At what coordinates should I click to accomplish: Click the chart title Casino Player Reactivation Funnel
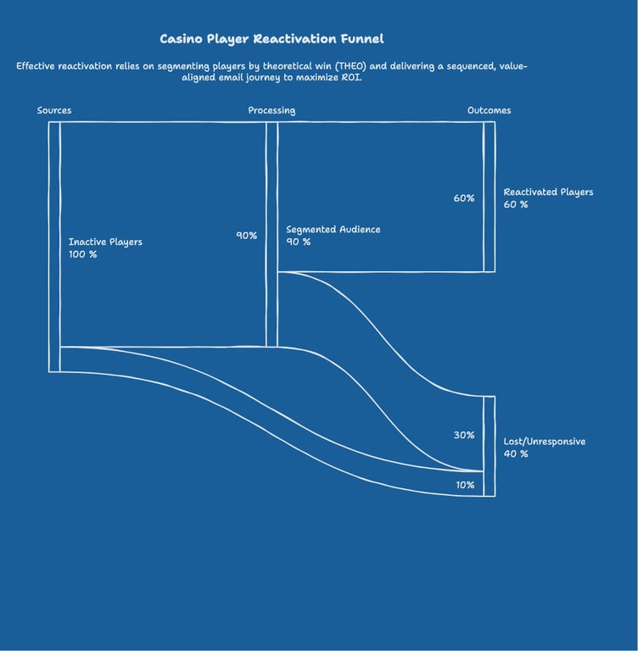pos(271,39)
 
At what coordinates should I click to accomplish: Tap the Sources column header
pos(54,110)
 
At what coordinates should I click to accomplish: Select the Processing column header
pos(271,110)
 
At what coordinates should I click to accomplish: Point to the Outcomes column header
pos(490,110)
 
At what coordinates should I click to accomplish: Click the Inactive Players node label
pos(105,242)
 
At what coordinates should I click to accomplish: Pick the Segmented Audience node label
pos(333,230)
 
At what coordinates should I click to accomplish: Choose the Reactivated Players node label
pos(548,192)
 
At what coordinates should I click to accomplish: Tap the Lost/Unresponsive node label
pos(545,442)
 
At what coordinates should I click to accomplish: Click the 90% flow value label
pos(247,236)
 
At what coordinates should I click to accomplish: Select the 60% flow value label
pos(464,198)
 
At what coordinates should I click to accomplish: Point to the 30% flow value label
pos(464,435)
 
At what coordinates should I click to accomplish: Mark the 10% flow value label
pos(465,485)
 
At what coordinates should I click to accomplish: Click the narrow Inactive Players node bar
pos(54,247)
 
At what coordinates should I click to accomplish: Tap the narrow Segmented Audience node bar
pos(271,234)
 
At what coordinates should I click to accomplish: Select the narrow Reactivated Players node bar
pos(490,197)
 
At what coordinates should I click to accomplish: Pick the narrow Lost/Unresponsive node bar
pos(490,447)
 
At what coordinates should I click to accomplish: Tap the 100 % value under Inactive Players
pos(82,254)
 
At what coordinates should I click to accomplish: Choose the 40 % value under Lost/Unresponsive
pos(516,453)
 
